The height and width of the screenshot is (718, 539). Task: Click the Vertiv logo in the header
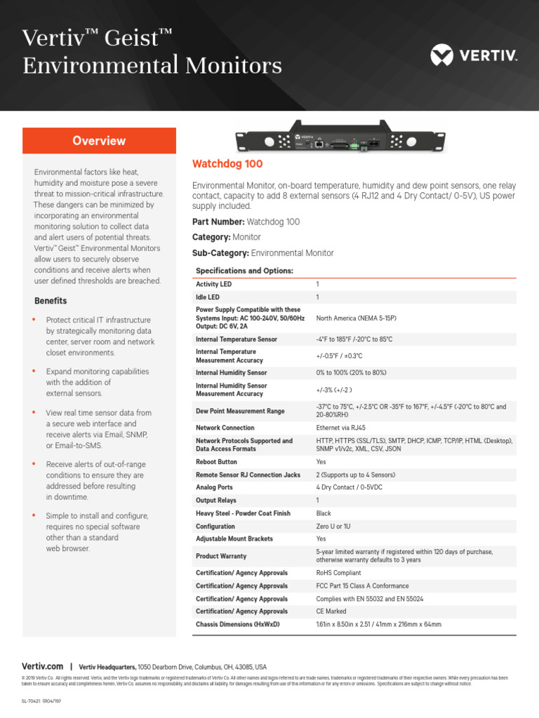pos(474,54)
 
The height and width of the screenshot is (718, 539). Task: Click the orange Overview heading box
pos(99,141)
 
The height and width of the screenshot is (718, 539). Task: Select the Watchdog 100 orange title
pos(227,164)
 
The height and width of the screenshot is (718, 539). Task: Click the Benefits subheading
pos(51,301)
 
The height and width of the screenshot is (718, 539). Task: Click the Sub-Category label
pos(220,253)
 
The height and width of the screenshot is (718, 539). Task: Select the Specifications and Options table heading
pos(244,271)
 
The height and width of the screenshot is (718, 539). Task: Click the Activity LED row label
pos(213,285)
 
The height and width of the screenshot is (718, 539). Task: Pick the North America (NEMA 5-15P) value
pos(357,318)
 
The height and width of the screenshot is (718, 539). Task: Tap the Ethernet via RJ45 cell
pos(341,428)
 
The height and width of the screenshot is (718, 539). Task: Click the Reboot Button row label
pos(216,462)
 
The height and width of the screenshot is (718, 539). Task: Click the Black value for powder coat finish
pos(324,513)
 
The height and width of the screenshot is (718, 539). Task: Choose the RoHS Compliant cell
pos(339,573)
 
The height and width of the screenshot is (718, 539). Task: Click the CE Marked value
pos(331,611)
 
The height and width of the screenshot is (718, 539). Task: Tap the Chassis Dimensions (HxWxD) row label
pos(237,624)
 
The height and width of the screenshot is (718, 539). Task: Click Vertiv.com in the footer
pos(43,667)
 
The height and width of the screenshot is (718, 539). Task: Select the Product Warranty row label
pos(221,556)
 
